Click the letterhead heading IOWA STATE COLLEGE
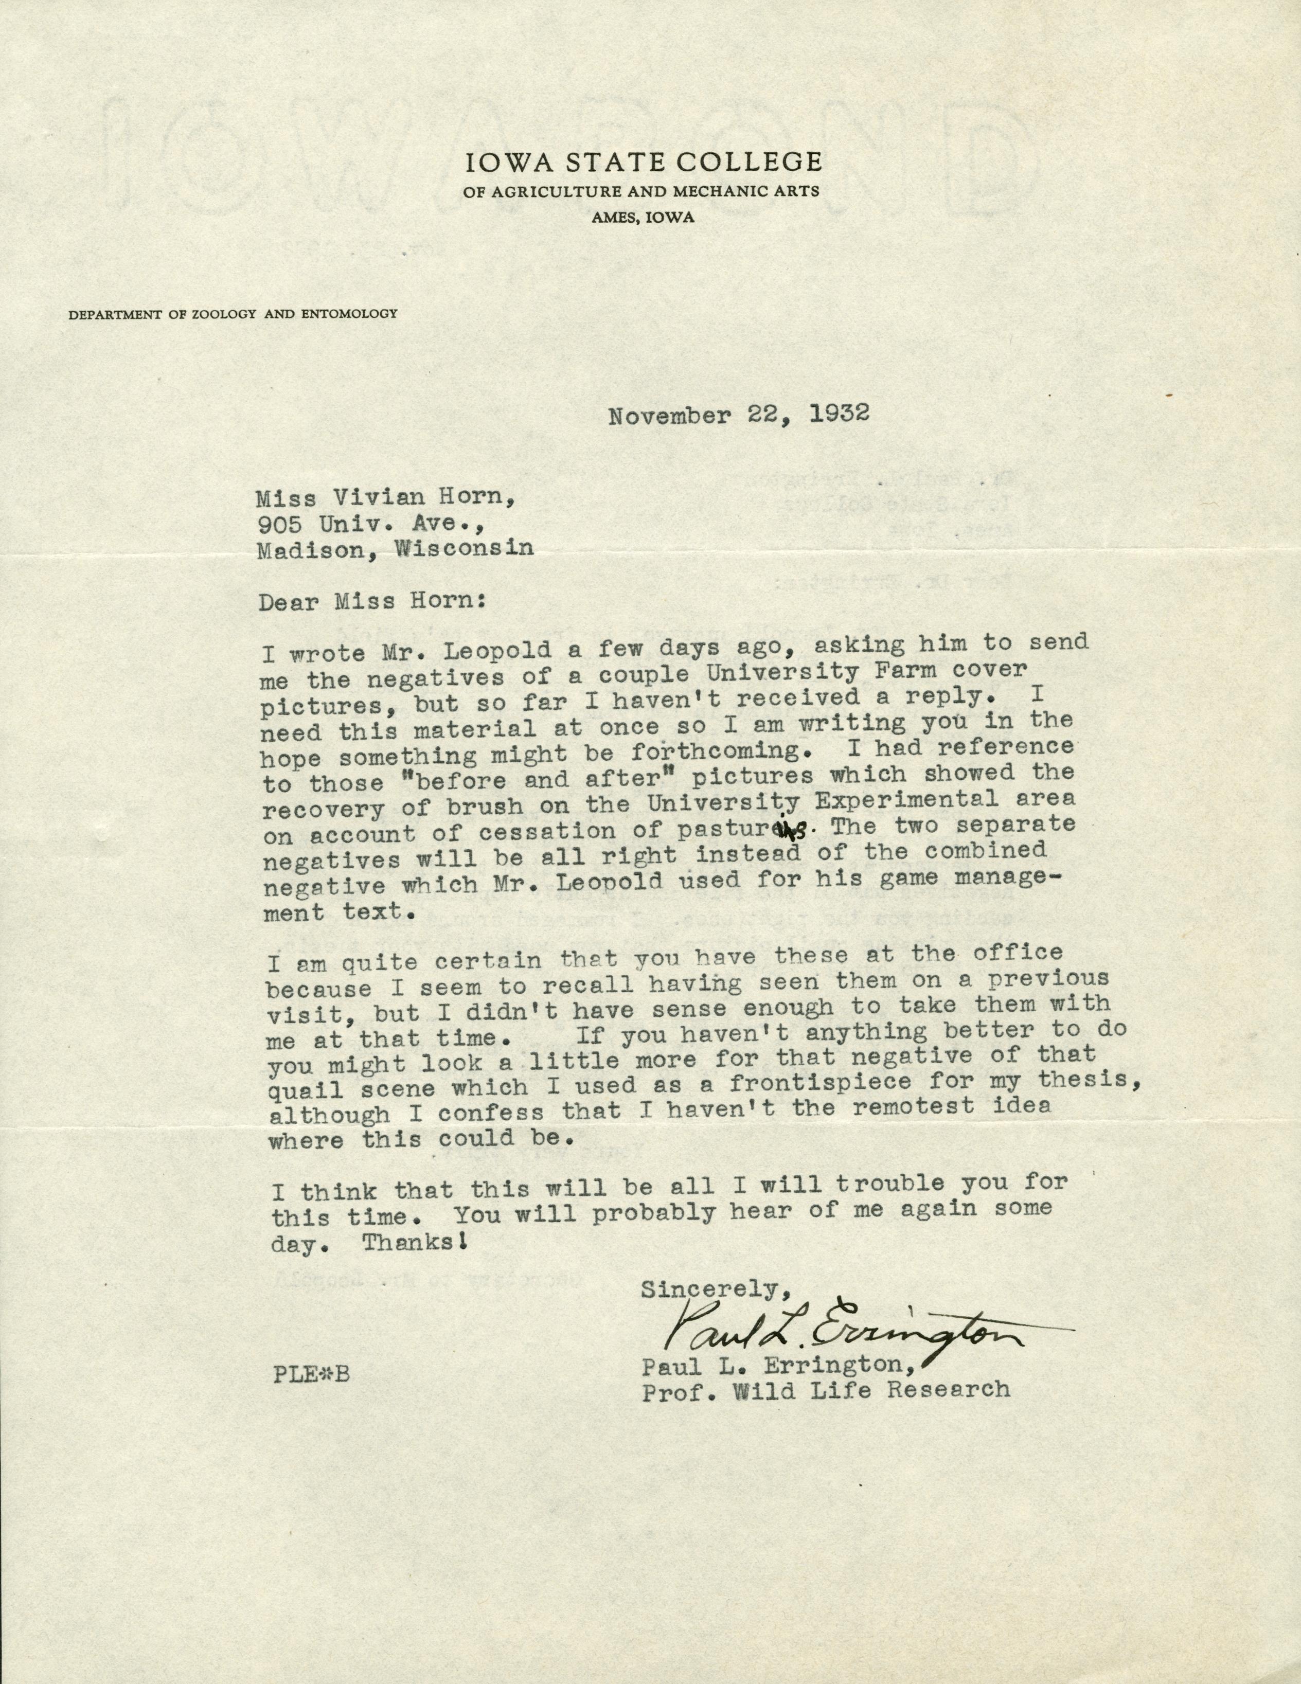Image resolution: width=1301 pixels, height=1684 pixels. (x=643, y=162)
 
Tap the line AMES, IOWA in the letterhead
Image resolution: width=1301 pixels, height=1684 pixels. (x=643, y=218)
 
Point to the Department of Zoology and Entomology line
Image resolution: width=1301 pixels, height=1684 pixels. (x=233, y=314)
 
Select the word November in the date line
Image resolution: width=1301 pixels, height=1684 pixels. (x=669, y=417)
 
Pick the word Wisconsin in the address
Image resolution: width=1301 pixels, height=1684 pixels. (x=464, y=548)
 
